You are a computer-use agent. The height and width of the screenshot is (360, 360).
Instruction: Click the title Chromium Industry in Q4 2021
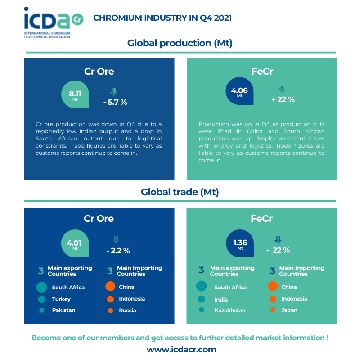tap(162, 18)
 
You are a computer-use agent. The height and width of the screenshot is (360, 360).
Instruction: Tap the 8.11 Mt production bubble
tap(75, 95)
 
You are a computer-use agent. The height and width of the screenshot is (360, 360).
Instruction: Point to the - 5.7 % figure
tap(115, 102)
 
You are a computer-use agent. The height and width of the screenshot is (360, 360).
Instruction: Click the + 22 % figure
tap(283, 99)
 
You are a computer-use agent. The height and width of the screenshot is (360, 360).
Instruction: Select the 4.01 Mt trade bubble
tap(74, 244)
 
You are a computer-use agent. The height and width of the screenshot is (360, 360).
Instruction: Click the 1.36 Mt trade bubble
tap(240, 244)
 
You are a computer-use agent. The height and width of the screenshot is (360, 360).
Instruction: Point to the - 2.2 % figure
tap(118, 251)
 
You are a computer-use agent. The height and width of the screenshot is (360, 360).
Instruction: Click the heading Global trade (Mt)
tap(180, 192)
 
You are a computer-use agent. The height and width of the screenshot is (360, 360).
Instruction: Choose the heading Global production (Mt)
tap(180, 43)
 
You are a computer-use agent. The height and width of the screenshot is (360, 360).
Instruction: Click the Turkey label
tap(61, 299)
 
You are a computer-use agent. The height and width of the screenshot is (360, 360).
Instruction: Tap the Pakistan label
tap(63, 310)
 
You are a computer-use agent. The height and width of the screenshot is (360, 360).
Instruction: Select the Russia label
tap(127, 310)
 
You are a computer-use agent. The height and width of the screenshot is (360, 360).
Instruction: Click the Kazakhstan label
tap(230, 310)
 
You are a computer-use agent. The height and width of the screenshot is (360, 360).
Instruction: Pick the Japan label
tap(289, 310)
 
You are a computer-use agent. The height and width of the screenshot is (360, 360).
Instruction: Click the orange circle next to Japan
tap(272, 310)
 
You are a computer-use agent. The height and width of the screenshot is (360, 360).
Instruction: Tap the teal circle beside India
tap(201, 299)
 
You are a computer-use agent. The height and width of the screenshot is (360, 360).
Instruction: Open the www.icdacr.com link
tap(181, 349)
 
